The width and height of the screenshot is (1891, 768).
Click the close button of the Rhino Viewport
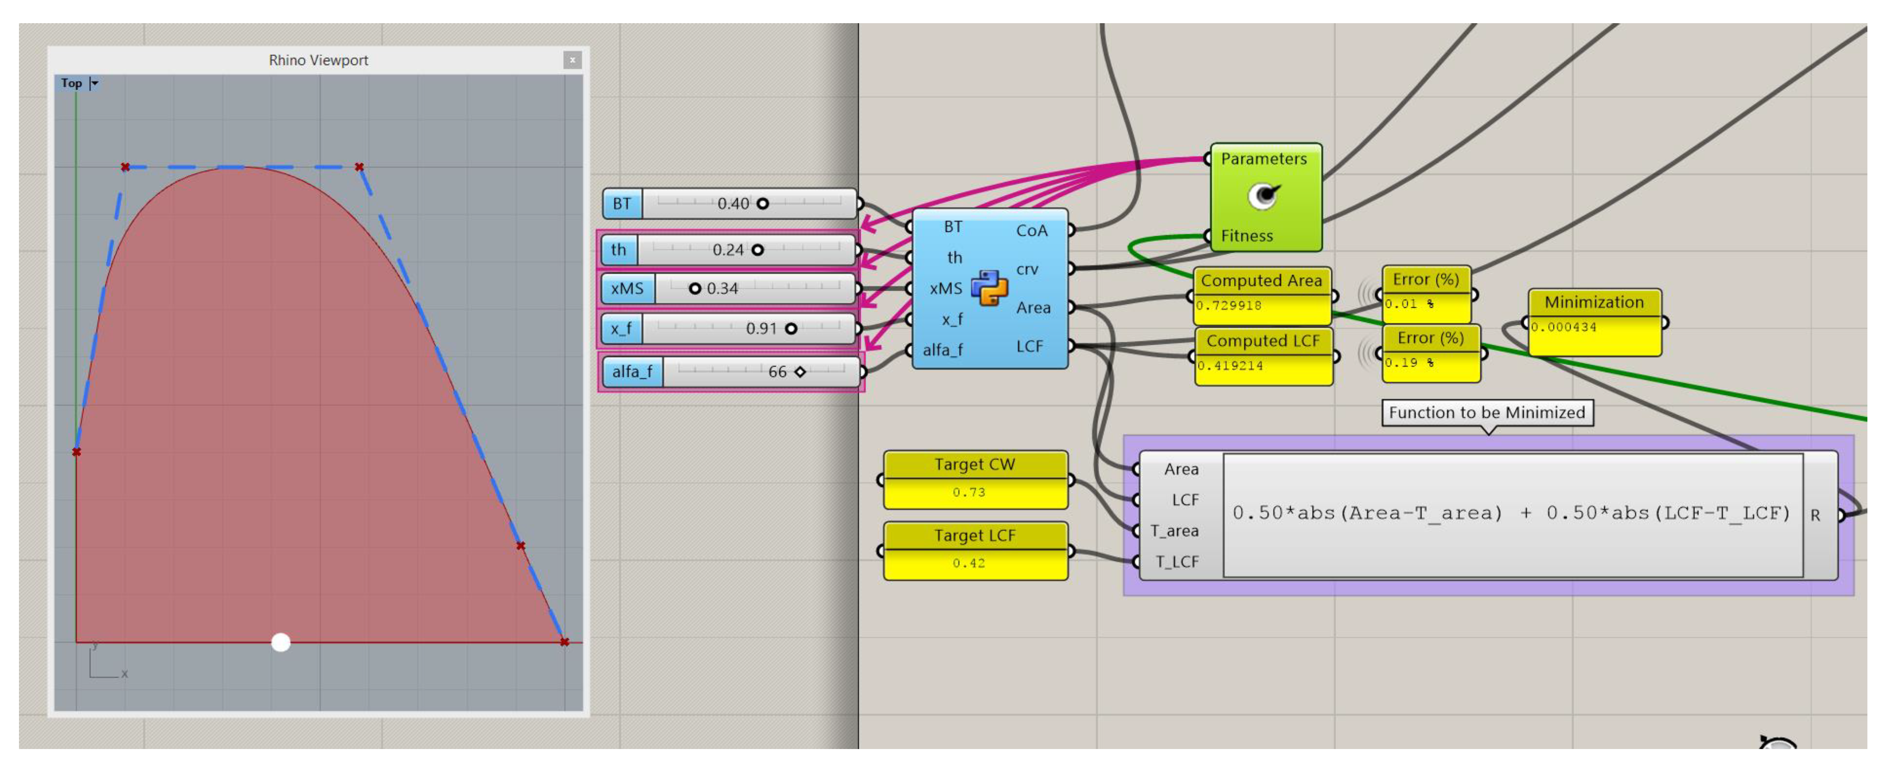(x=572, y=60)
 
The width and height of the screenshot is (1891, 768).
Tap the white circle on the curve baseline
(x=280, y=642)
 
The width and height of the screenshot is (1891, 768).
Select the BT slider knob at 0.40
(x=763, y=204)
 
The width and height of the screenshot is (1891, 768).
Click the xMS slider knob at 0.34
(x=694, y=289)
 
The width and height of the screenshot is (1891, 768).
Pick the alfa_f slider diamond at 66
(x=800, y=372)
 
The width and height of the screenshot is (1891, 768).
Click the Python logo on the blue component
(x=989, y=288)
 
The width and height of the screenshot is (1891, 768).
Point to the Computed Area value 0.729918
(x=1229, y=306)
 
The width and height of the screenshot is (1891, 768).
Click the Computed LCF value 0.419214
(x=1230, y=365)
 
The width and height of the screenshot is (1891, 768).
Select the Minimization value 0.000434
(x=1563, y=328)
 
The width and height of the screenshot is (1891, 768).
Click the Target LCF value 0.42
(x=969, y=563)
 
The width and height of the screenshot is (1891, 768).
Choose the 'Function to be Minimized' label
(x=1487, y=413)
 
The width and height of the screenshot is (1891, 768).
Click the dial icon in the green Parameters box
(x=1263, y=196)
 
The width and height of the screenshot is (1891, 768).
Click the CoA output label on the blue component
(x=1031, y=231)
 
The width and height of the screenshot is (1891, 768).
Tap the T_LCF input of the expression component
(x=1177, y=562)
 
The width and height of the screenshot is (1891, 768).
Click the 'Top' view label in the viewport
(x=71, y=83)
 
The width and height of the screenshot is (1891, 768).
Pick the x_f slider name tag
(x=621, y=328)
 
